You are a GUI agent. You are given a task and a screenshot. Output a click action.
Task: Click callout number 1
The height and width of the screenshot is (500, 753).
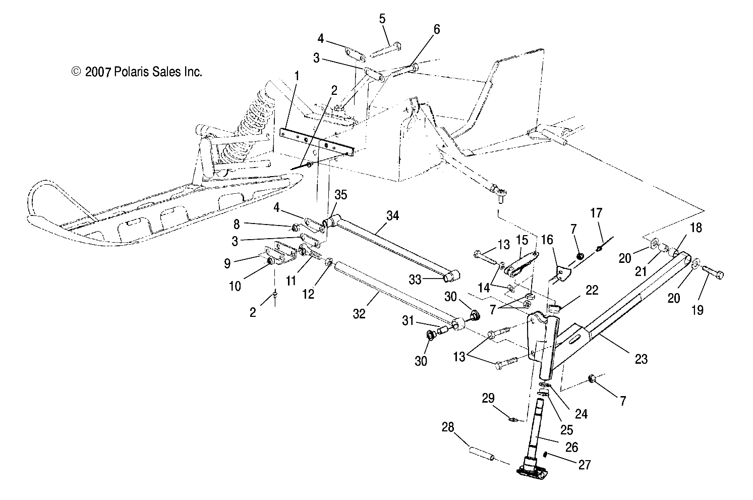[297, 76]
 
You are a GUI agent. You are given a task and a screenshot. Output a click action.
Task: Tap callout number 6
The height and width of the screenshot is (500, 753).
[436, 30]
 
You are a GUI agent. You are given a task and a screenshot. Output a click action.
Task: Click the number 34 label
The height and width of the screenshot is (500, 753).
[393, 215]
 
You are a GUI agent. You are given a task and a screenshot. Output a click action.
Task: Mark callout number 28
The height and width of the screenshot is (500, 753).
[448, 428]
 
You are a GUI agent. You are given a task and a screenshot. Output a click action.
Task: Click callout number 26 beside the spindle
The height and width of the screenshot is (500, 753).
[572, 447]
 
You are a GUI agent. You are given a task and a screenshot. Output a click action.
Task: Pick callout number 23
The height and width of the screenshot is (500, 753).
[641, 359]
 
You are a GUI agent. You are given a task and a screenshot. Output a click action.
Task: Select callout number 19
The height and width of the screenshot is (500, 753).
[697, 310]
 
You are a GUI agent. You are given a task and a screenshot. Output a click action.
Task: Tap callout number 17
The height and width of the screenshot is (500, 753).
[596, 213]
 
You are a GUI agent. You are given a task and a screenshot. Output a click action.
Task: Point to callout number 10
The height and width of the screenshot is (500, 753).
[235, 286]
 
